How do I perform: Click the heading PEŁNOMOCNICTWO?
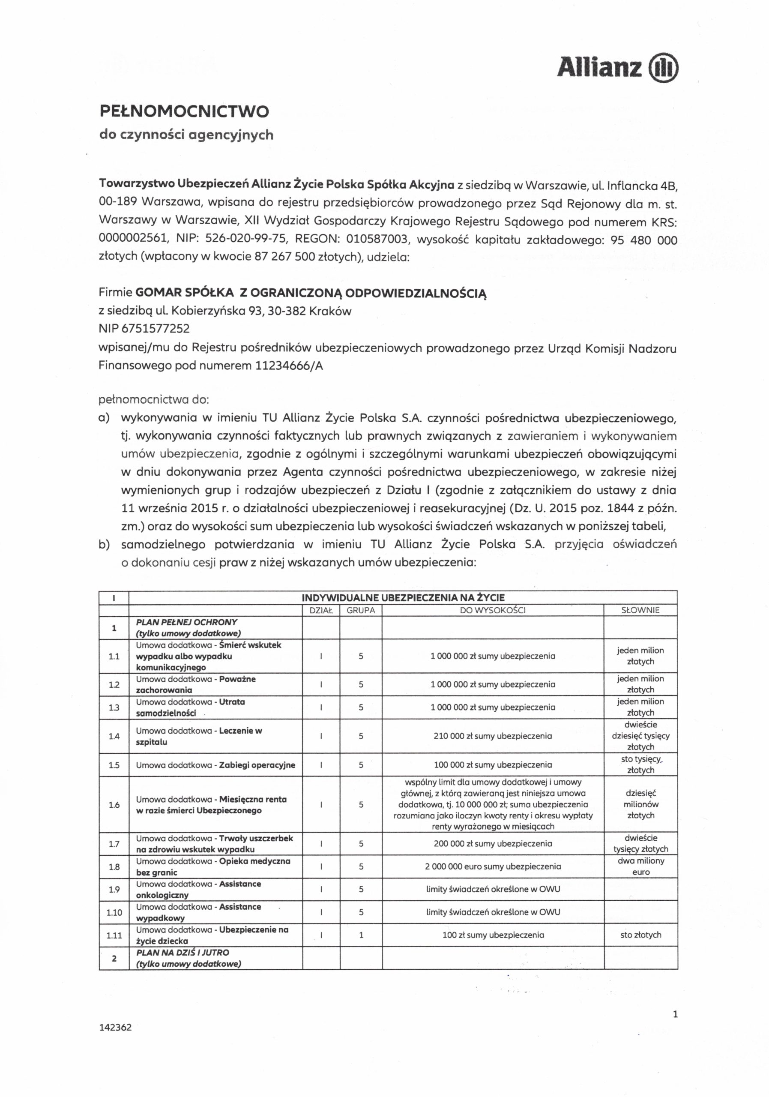pyautogui.click(x=184, y=111)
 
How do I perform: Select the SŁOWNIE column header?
pyautogui.click(x=640, y=610)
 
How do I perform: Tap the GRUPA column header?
pyautogui.click(x=361, y=610)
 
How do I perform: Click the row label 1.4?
pyautogui.click(x=114, y=736)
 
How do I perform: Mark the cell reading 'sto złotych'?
pyautogui.click(x=640, y=935)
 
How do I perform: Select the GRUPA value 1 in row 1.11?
pyautogui.click(x=361, y=935)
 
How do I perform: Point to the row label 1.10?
pyautogui.click(x=114, y=912)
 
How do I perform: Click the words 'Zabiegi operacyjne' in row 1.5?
pyautogui.click(x=257, y=765)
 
